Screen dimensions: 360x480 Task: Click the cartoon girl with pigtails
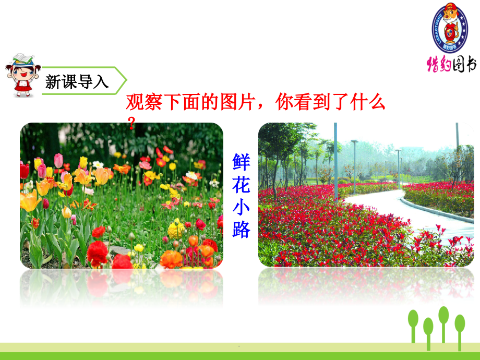click(23, 75)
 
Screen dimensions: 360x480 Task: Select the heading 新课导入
click(77, 82)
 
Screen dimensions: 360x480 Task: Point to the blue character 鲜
click(241, 161)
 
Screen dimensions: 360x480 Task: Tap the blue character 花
click(241, 184)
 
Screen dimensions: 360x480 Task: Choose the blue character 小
click(241, 207)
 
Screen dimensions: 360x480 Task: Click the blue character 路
click(241, 230)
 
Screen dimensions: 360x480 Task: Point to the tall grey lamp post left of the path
click(335, 162)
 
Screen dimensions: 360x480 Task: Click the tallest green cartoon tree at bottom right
click(444, 323)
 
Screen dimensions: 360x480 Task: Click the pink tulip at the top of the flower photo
click(58, 160)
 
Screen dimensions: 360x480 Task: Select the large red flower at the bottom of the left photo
click(98, 253)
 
